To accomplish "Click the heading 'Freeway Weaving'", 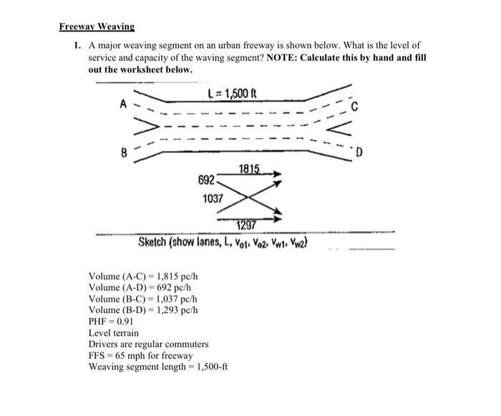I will tap(97, 26).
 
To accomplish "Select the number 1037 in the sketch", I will tap(213, 198).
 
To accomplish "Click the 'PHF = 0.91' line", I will tap(112, 321).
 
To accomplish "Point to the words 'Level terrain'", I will tap(113, 333).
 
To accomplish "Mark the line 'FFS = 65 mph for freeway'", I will tap(140, 356).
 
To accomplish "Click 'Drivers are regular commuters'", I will tap(148, 344).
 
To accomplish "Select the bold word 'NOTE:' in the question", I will tap(284, 58).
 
